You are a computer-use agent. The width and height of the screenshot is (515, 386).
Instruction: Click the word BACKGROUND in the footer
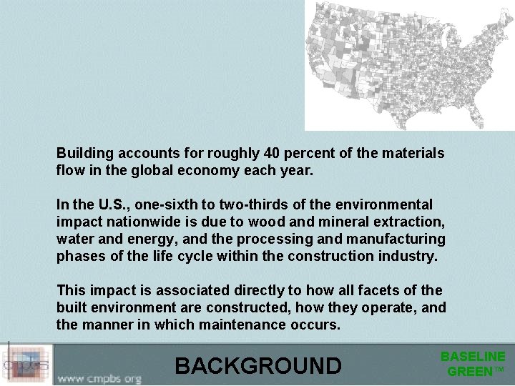point(258,365)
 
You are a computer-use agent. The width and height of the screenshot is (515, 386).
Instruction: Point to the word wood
point(277,222)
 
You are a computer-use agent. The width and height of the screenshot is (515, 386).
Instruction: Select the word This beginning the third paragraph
point(71,290)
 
